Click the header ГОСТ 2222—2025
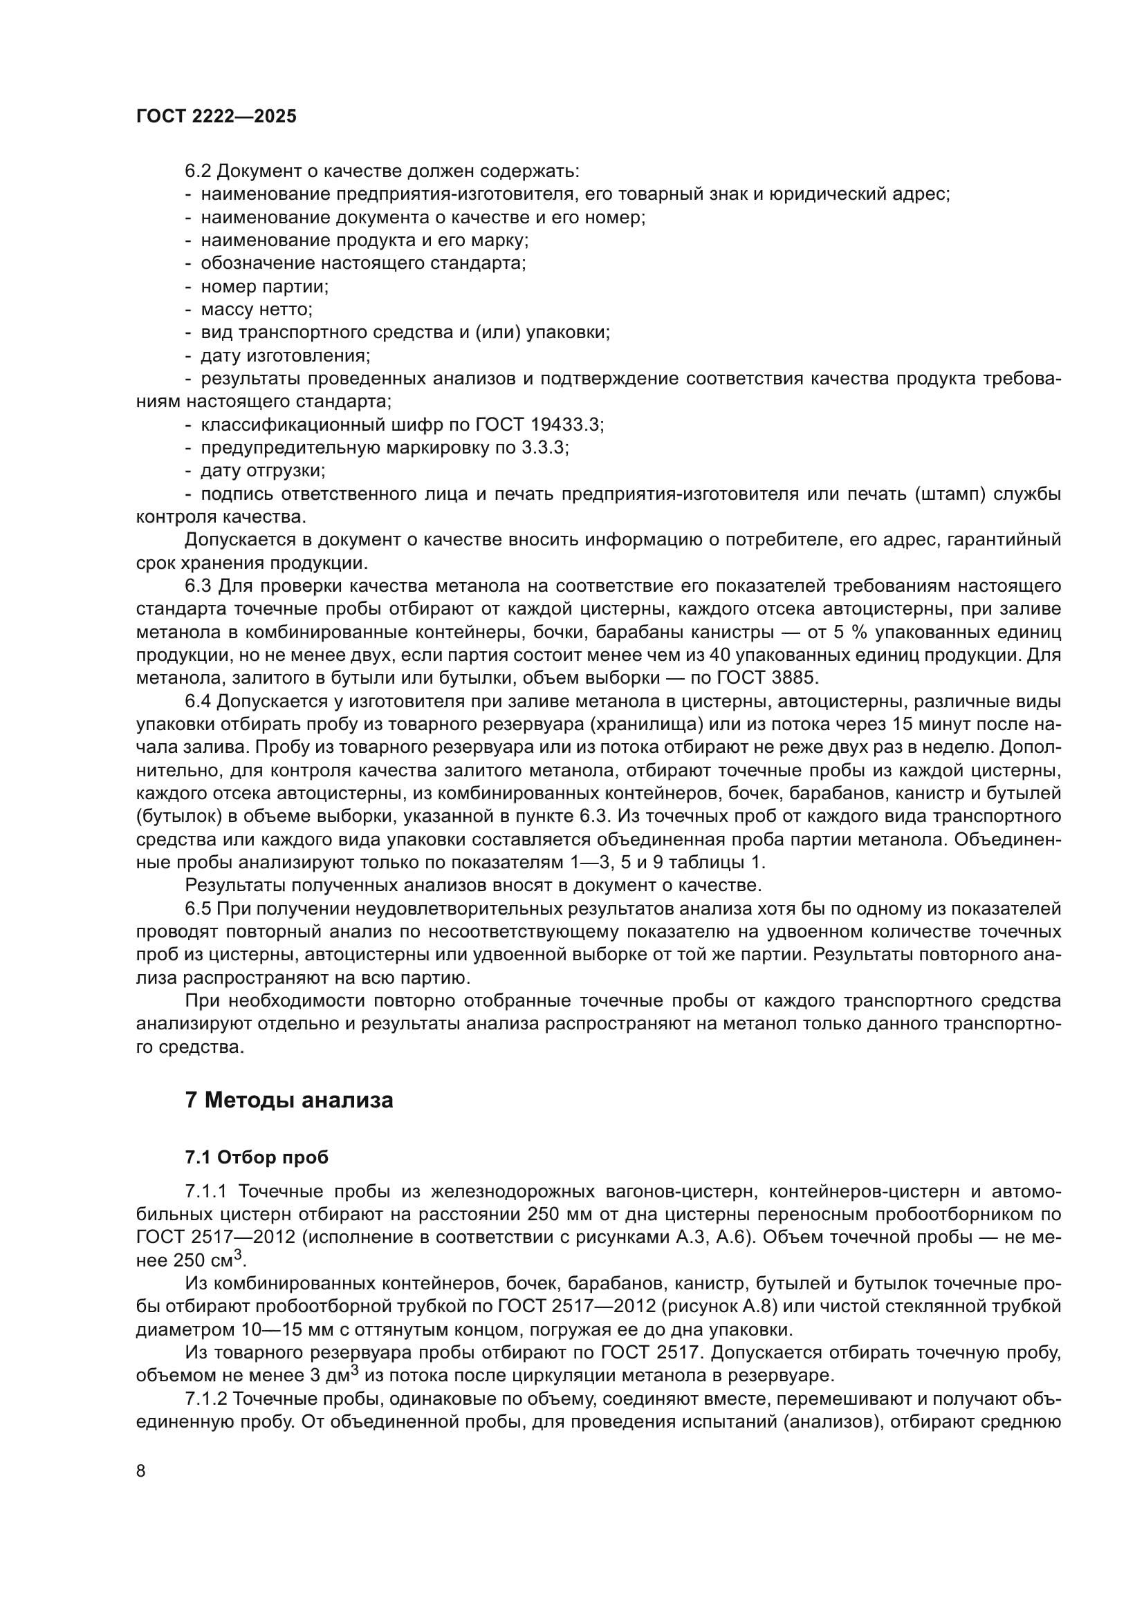(x=216, y=117)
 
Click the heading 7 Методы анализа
(x=289, y=1100)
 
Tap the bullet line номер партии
(x=264, y=287)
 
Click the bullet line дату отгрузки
(x=263, y=471)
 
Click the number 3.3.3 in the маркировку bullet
(x=544, y=448)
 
